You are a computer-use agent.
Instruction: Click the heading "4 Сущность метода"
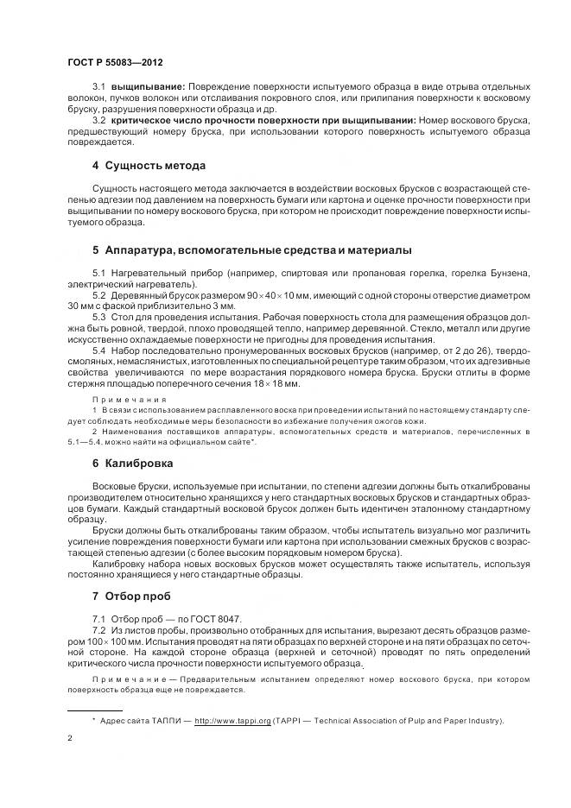pos(149,165)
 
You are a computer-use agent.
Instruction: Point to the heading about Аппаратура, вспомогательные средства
pos(251,250)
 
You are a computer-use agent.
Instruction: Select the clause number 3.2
pos(98,119)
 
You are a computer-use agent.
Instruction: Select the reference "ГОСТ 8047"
pos(220,620)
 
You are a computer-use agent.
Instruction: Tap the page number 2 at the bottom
pos(69,739)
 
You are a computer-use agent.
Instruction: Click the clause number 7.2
pos(98,631)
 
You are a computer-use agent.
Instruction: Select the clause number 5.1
pos(98,274)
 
